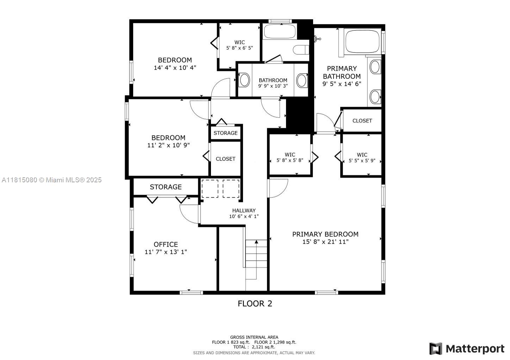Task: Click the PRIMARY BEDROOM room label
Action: (325, 234)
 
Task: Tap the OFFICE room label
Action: (166, 244)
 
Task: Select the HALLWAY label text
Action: (244, 211)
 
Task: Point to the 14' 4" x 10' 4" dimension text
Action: (175, 68)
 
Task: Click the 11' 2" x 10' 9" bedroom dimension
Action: (168, 145)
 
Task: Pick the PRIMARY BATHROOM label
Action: (342, 72)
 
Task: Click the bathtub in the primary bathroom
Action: (362, 42)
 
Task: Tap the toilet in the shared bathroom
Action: (301, 50)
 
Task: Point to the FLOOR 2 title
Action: (255, 304)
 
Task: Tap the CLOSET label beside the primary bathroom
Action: (362, 121)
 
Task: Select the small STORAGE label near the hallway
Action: (225, 133)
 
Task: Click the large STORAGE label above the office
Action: (166, 187)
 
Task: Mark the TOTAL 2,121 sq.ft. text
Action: (254, 347)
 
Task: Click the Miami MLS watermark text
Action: (52, 180)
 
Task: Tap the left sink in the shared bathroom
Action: (244, 80)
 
